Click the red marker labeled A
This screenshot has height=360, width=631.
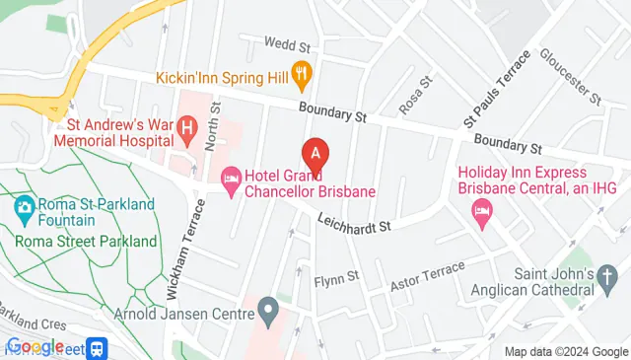[x=315, y=154]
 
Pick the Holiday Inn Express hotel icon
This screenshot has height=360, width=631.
[x=481, y=209]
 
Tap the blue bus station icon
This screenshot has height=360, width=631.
[x=97, y=347]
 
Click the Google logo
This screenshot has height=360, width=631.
[x=35, y=346]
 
